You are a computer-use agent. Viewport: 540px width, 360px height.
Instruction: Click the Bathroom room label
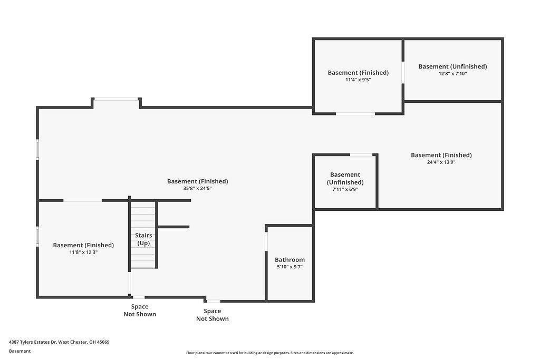(290, 260)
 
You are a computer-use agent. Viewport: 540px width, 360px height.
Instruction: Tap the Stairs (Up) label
(143, 239)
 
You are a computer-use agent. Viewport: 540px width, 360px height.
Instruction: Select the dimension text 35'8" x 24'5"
(197, 189)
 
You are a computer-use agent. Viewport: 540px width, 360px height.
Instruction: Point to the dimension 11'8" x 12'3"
(83, 252)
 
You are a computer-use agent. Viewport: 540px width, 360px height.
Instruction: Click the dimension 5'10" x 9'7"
(290, 267)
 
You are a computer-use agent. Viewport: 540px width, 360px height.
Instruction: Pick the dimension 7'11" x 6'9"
(345, 190)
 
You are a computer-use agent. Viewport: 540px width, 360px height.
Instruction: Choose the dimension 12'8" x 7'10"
(452, 74)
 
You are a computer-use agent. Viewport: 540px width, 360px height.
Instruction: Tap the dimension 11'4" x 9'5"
(358, 80)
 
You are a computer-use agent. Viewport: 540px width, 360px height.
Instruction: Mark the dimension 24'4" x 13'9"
(441, 162)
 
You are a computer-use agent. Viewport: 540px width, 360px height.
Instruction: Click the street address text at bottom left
(59, 342)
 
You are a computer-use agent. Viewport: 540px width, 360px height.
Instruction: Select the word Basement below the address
(20, 351)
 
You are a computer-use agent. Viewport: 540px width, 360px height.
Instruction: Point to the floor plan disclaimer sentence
(270, 353)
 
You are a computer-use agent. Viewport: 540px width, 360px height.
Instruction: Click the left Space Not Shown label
(140, 310)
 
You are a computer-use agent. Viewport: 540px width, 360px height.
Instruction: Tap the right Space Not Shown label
(213, 315)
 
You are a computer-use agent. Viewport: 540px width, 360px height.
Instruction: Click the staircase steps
(143, 235)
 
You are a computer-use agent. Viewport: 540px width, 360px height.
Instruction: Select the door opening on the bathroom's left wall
(266, 241)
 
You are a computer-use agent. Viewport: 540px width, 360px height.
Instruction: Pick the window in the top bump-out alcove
(116, 99)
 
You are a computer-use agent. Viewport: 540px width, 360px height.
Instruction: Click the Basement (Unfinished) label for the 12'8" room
(452, 66)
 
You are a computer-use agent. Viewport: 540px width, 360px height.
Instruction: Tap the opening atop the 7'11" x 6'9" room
(361, 155)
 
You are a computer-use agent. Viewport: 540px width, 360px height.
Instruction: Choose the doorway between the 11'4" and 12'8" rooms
(403, 73)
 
